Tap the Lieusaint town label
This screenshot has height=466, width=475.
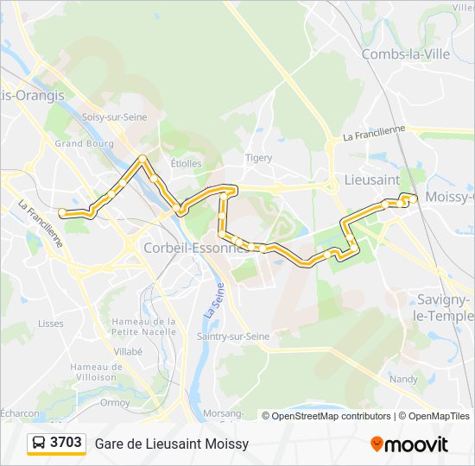click(x=371, y=180)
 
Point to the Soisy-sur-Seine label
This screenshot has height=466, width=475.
click(x=114, y=117)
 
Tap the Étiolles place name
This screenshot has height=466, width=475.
click(x=186, y=162)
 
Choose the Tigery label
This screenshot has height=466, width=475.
click(x=258, y=158)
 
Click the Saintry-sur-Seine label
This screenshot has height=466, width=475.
click(x=233, y=336)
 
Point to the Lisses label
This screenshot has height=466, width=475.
click(x=51, y=324)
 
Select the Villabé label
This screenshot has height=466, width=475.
click(x=128, y=352)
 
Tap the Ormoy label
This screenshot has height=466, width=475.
click(x=115, y=401)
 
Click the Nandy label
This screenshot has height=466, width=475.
click(x=403, y=379)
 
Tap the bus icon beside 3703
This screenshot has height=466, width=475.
click(x=39, y=443)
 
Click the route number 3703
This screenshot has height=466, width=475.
click(x=66, y=443)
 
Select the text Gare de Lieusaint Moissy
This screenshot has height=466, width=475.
click(x=172, y=444)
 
